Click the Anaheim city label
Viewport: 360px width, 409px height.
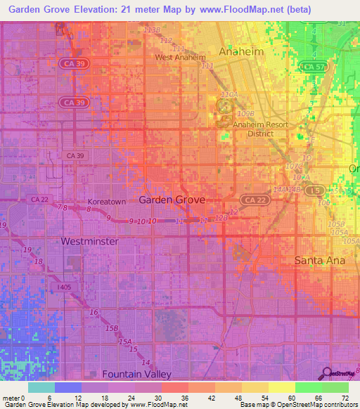pyautogui.click(x=242, y=52)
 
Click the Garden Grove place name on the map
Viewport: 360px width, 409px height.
pyautogui.click(x=172, y=200)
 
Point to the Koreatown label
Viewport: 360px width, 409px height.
pyautogui.click(x=105, y=202)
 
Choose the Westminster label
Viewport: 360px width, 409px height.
pyautogui.click(x=89, y=241)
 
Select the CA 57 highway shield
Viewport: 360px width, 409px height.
pyautogui.click(x=311, y=66)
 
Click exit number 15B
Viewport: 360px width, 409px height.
pyautogui.click(x=111, y=328)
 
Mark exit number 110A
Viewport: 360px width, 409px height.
pyautogui.click(x=229, y=94)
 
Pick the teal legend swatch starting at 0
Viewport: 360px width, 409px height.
pyautogui.click(x=41, y=387)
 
